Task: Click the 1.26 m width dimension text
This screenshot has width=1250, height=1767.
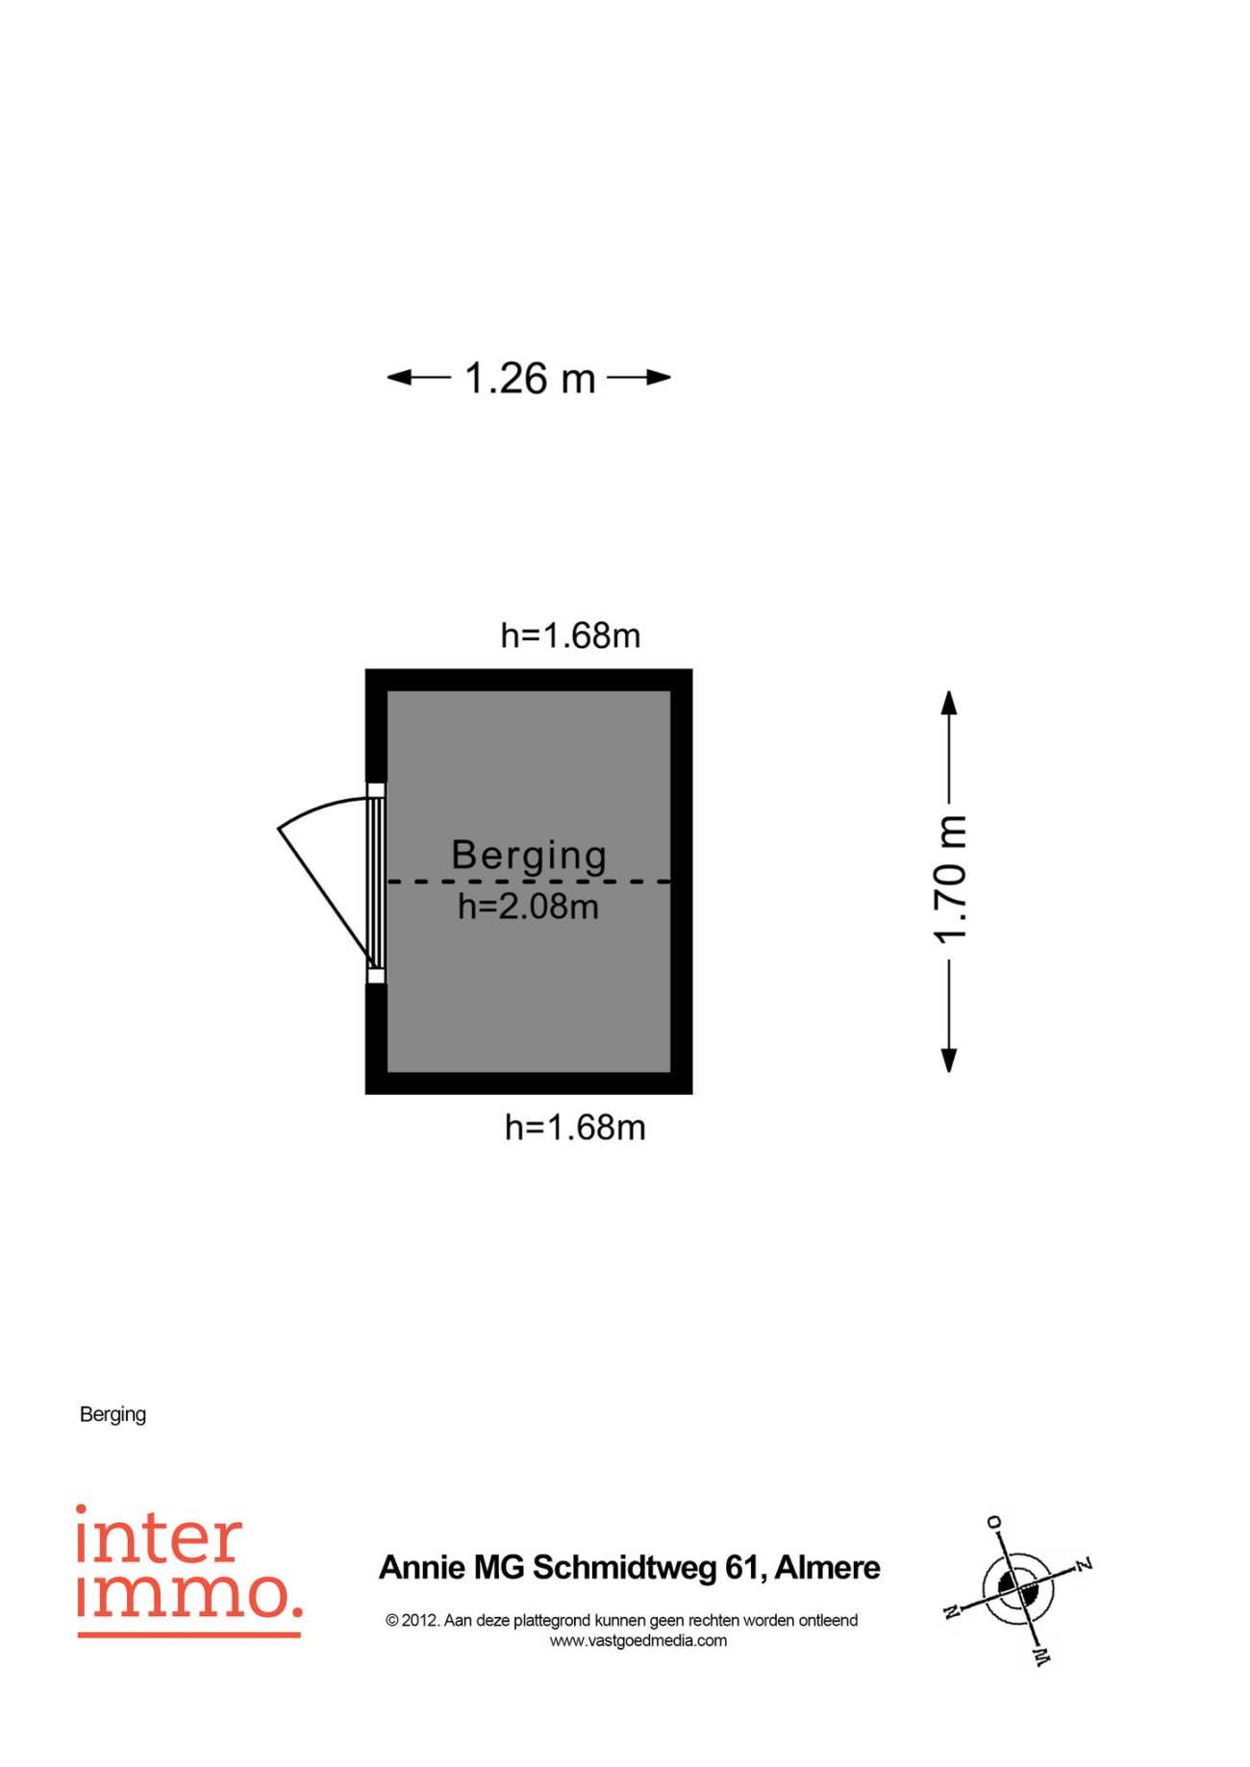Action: click(530, 378)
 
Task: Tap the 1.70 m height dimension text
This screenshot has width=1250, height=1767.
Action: click(950, 880)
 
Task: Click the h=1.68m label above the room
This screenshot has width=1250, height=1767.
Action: click(570, 635)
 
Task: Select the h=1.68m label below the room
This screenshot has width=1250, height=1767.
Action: click(575, 1127)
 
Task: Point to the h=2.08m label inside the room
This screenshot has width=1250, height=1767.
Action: click(528, 907)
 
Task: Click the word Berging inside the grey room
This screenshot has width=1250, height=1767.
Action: click(529, 856)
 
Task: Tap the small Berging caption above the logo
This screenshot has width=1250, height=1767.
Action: click(112, 1414)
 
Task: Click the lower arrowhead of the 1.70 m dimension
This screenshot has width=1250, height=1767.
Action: click(949, 1059)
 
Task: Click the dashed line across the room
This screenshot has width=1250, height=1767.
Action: click(529, 882)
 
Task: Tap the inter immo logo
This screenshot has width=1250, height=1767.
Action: click(189, 1570)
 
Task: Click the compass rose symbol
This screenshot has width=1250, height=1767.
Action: click(1018, 1587)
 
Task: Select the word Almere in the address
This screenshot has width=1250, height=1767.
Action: click(827, 1568)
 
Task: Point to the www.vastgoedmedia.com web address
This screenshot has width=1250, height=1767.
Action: click(638, 1641)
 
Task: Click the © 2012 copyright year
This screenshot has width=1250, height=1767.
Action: click(412, 1620)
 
